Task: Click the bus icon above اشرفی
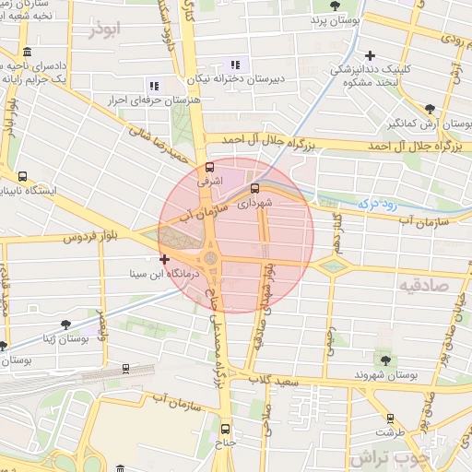pos(210,168)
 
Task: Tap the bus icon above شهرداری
pos(254,188)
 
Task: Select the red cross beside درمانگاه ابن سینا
pos(164,260)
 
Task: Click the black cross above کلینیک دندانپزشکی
pos(370,55)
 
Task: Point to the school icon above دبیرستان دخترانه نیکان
pos(235,65)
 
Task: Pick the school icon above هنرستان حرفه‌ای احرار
pos(153,86)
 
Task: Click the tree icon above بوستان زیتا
pos(65,324)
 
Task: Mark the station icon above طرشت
pos(390,417)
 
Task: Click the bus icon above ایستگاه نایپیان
pos(22,176)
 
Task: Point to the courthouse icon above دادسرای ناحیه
pos(28,53)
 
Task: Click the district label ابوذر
pos(105,30)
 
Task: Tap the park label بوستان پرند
pos(333,19)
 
